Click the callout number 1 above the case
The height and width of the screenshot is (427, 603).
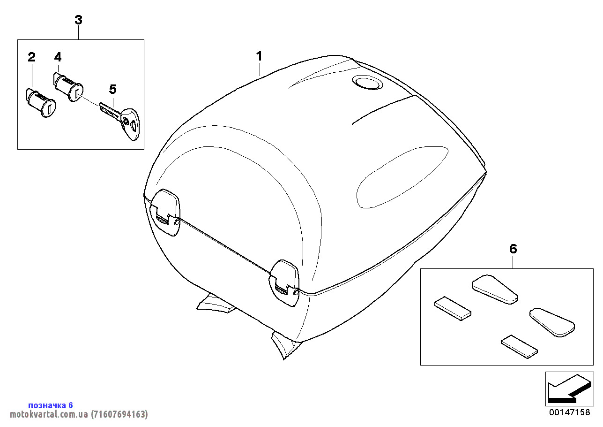pyautogui.click(x=259, y=56)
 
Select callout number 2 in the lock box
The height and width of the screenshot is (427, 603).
pyautogui.click(x=31, y=57)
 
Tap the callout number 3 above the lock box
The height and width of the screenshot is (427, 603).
pyautogui.click(x=78, y=20)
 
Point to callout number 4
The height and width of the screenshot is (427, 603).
pyautogui.click(x=58, y=57)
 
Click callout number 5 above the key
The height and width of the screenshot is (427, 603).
pyautogui.click(x=113, y=89)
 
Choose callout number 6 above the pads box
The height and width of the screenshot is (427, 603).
pyautogui.click(x=513, y=249)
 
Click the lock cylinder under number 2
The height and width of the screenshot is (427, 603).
pyautogui.click(x=41, y=103)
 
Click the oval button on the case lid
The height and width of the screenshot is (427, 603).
pyautogui.click(x=367, y=82)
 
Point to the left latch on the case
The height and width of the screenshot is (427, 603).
pyautogui.click(x=165, y=213)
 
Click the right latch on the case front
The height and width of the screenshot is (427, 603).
pyautogui.click(x=284, y=283)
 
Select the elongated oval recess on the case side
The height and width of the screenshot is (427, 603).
pyautogui.click(x=402, y=177)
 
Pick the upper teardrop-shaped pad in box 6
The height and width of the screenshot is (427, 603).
pyautogui.click(x=494, y=289)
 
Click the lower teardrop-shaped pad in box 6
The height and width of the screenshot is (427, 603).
pyautogui.click(x=552, y=322)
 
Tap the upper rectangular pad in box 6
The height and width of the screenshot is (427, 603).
pyautogui.click(x=453, y=308)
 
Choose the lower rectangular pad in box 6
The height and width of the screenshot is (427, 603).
pyautogui.click(x=519, y=347)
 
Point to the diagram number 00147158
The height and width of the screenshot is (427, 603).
pyautogui.click(x=570, y=412)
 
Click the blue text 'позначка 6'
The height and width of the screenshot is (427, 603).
pyautogui.click(x=51, y=405)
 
